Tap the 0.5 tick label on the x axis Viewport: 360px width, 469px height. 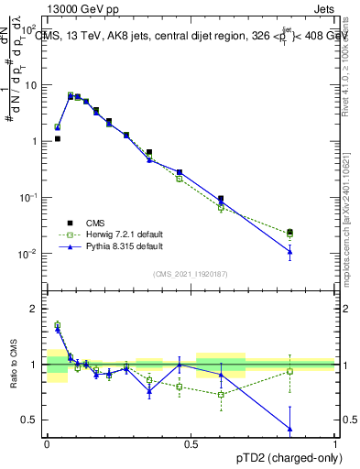191,444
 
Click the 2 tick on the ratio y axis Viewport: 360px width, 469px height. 37,309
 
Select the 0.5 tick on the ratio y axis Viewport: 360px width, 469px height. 33,420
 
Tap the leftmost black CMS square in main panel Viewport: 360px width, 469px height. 58,139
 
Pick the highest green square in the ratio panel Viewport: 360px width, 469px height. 58,324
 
